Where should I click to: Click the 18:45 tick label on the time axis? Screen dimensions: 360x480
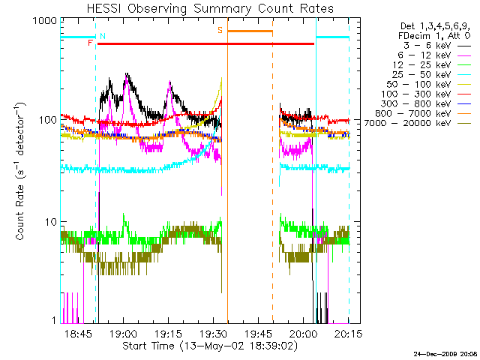pyautogui.click(x=78, y=332)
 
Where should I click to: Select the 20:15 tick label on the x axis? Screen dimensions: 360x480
pyautogui.click(x=347, y=332)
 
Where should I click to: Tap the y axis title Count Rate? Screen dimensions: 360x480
pyautogui.click(x=20, y=172)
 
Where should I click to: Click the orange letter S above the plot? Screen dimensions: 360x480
pyautogui.click(x=220, y=30)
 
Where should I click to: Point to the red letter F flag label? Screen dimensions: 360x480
pyautogui.click(x=90, y=43)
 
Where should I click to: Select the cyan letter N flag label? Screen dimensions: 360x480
pyautogui.click(x=102, y=36)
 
